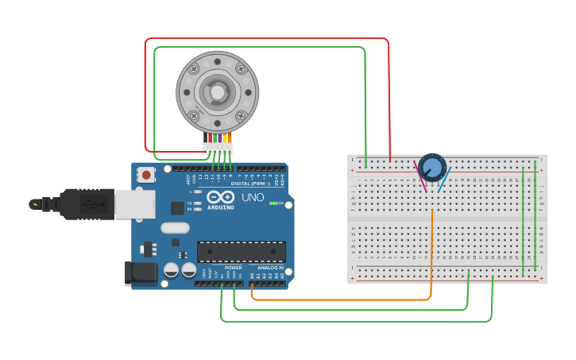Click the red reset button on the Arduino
pos(147,175)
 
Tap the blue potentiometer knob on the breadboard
pos(432,168)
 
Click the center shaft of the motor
pos(217,92)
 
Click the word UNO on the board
pos(252,196)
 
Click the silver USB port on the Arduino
pos(134,203)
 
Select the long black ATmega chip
pos(242,251)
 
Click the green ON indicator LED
pos(273,203)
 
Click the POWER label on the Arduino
pos(234,268)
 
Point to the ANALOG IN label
pos(269,268)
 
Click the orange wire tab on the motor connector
pos(227,137)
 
